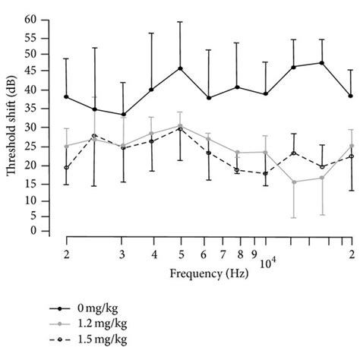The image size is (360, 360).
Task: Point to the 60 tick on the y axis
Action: (x=42, y=19)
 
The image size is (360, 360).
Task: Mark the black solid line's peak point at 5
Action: (x=180, y=68)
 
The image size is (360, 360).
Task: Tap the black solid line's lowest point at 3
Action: (x=122, y=115)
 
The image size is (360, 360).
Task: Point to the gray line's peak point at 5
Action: (x=180, y=125)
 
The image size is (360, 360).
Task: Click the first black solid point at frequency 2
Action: (x=67, y=96)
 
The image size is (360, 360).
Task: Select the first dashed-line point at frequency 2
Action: (x=67, y=168)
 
